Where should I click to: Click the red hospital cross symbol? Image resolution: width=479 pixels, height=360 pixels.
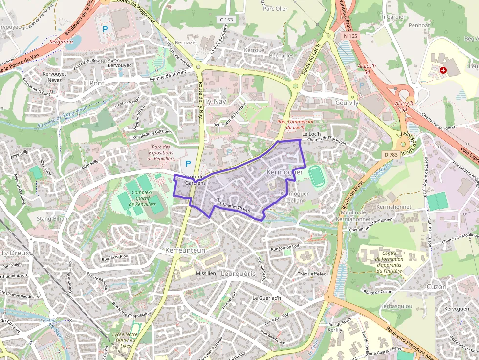443,70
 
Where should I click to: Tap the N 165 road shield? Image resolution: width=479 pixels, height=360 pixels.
350,36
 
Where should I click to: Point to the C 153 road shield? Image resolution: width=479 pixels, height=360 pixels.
227,20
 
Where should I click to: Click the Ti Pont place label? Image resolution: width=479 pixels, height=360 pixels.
93,83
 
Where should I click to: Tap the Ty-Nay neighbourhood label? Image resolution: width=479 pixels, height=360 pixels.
215,102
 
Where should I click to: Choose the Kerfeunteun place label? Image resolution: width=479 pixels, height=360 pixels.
185,250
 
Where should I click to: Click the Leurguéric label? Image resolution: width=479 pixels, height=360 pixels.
238,274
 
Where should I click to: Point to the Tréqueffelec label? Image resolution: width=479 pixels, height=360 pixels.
311,274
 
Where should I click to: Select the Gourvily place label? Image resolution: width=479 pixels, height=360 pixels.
347,103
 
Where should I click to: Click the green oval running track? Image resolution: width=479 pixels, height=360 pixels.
317,176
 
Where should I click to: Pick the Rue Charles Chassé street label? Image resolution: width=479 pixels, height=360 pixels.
233,207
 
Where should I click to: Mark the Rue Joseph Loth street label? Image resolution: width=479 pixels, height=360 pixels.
286,248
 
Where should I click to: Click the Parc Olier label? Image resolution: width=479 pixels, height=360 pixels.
275,8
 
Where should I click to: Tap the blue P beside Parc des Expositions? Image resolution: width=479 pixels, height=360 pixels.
188,164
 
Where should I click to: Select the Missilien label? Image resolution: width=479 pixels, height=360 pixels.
205,273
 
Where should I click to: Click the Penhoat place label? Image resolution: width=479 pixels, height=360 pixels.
419,25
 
